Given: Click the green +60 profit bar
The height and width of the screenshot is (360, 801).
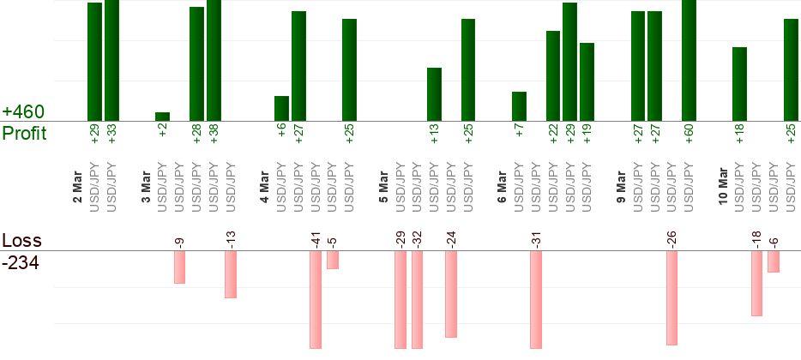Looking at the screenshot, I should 689,60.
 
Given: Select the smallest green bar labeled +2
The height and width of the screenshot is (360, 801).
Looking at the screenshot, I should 162,117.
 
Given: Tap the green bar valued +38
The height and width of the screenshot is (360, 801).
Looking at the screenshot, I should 214,60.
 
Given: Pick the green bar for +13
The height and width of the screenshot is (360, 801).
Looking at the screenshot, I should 434,94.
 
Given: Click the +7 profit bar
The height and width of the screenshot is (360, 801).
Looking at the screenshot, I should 519,106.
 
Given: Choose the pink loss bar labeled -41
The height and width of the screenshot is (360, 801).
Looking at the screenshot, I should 316,299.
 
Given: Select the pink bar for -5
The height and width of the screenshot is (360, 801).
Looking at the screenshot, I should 333,260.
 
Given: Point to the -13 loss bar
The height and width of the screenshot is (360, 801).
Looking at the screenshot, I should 231,274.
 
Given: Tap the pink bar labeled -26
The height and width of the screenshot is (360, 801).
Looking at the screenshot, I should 672,297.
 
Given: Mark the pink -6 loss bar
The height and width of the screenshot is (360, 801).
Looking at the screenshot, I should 774,261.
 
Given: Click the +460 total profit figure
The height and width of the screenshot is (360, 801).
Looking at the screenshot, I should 23,112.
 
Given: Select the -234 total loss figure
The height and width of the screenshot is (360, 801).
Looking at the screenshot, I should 21,263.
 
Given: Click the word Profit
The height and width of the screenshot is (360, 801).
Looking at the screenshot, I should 24,134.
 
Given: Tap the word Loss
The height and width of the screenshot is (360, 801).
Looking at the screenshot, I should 21,241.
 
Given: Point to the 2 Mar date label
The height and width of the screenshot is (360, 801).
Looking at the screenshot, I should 77,188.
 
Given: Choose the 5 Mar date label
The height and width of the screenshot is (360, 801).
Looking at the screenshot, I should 383,188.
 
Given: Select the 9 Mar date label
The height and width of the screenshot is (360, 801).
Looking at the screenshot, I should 621,188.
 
